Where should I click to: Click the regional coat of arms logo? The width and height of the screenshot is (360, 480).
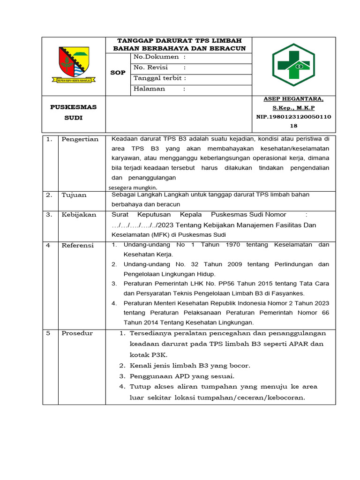[x=74, y=65]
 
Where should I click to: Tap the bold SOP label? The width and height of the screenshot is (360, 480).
[x=118, y=73]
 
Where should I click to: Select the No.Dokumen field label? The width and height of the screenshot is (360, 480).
[x=157, y=57]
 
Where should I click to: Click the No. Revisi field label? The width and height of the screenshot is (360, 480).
[x=150, y=67]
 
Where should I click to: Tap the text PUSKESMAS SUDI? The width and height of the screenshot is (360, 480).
[x=73, y=112]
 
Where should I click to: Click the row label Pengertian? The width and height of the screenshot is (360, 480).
[x=80, y=139]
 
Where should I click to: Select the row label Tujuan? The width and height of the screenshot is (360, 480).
[x=74, y=195]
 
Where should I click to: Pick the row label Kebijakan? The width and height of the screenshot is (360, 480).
[x=79, y=215]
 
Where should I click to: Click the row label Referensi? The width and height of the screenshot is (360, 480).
[x=78, y=245]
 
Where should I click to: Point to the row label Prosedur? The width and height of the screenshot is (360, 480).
[x=77, y=333]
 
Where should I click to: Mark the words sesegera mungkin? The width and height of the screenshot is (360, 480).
[x=133, y=187]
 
